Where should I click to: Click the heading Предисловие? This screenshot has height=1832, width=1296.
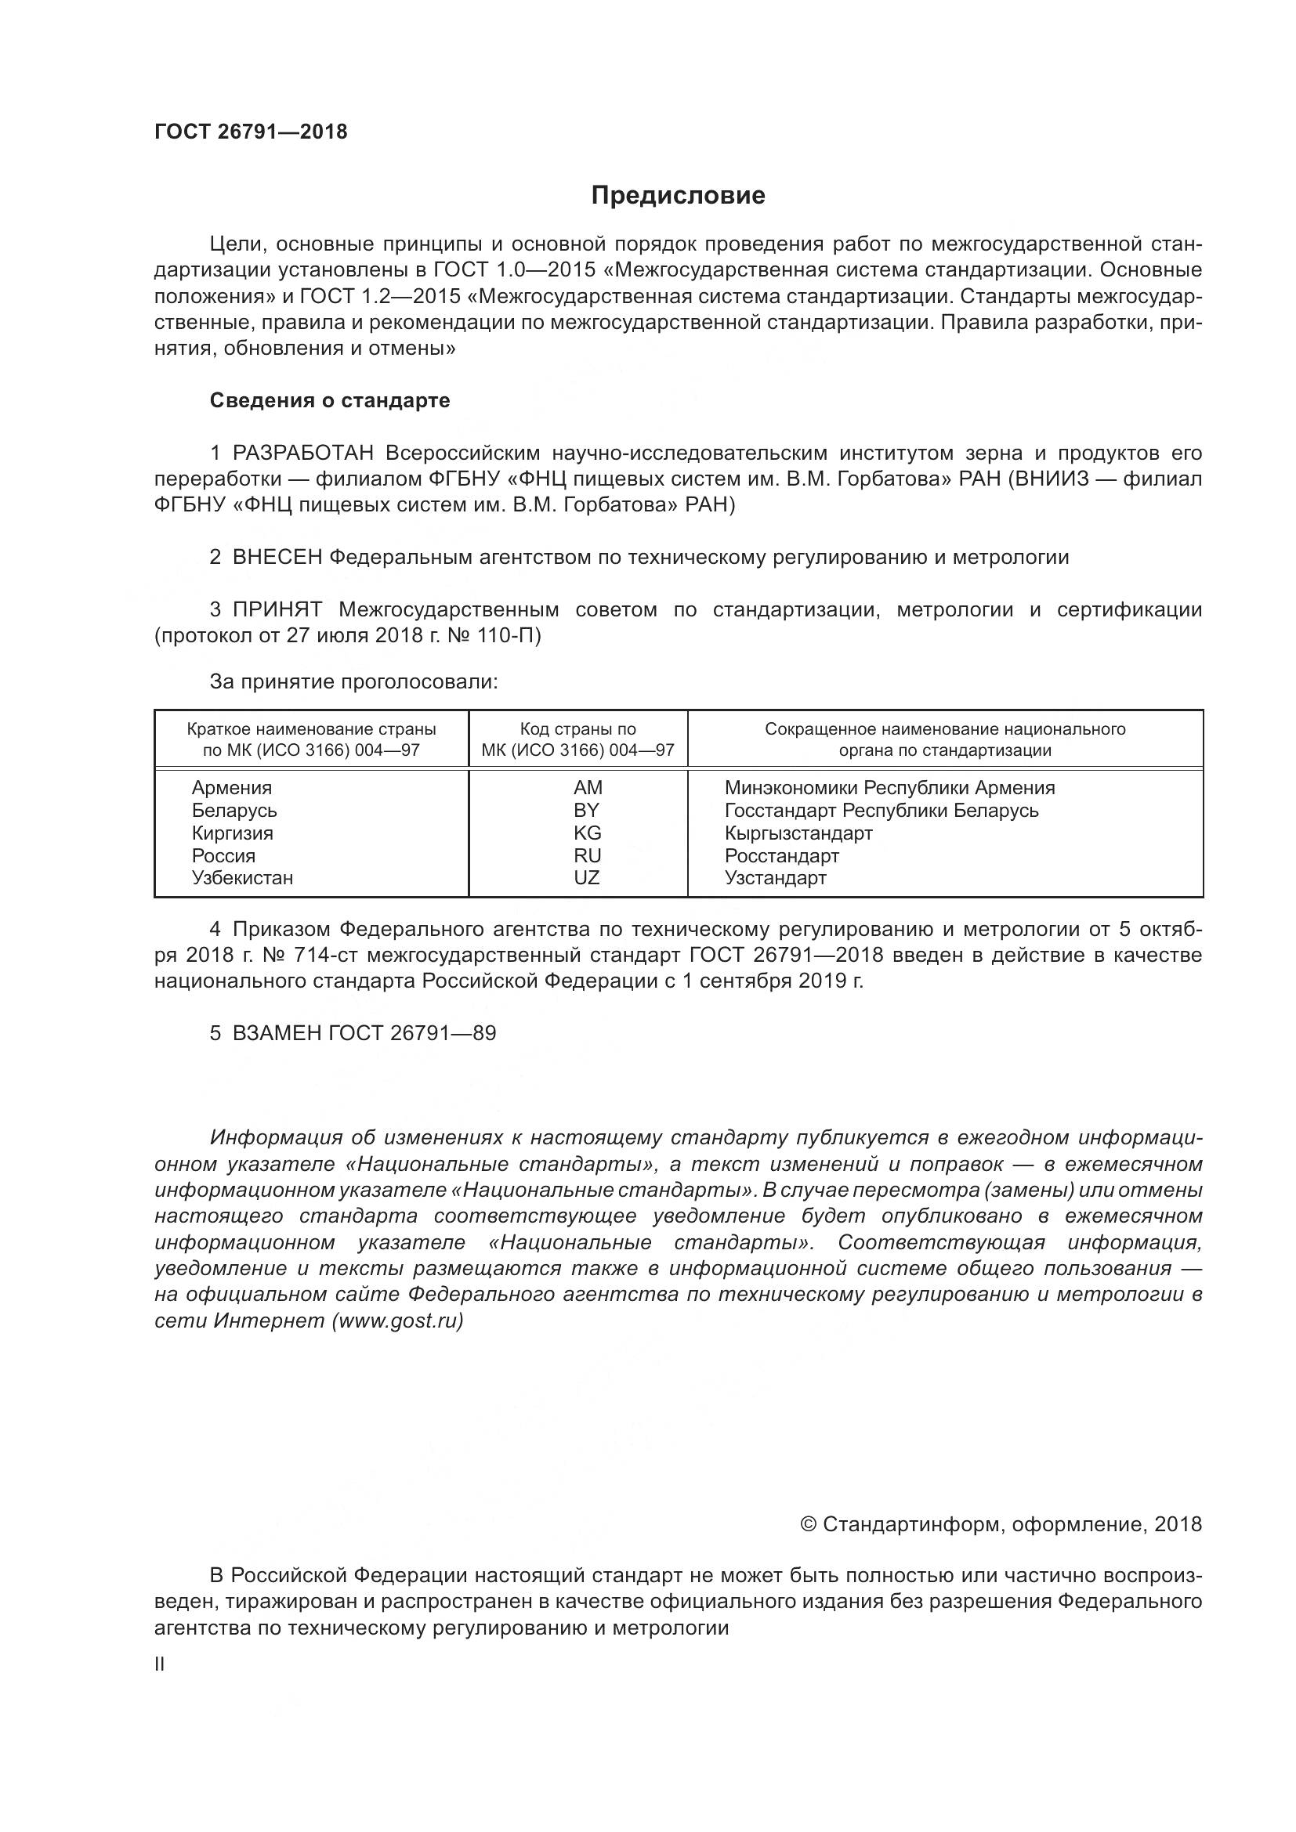(x=678, y=196)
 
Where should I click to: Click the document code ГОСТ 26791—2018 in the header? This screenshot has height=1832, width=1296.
(x=251, y=132)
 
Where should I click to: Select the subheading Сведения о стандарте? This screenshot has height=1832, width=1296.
(x=330, y=400)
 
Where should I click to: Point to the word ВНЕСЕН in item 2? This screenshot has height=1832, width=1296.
(x=277, y=557)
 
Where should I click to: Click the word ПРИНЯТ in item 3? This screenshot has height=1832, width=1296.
(x=277, y=609)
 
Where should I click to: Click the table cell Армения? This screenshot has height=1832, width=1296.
(x=231, y=787)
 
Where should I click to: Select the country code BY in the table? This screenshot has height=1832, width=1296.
(x=587, y=810)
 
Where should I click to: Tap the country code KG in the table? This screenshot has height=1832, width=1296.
(x=587, y=833)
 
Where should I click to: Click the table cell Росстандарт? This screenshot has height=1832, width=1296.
(x=781, y=855)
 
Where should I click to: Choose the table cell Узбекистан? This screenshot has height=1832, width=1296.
(x=242, y=878)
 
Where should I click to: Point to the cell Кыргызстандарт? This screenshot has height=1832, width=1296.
(x=798, y=833)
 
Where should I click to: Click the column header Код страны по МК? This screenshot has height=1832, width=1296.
(x=577, y=739)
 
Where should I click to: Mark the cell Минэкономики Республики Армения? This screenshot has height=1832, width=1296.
(x=889, y=787)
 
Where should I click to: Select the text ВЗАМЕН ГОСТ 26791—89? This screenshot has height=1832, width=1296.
(x=363, y=1033)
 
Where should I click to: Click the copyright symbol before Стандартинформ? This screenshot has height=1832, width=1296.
(x=808, y=1525)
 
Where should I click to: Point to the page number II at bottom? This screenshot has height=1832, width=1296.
(x=160, y=1664)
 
